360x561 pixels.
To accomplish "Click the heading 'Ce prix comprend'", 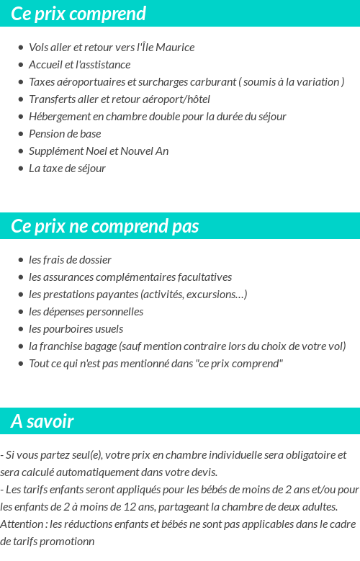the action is coord(78,14).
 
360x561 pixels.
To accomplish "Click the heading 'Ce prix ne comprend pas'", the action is coord(104,226).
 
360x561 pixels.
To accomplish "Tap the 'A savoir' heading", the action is coord(42,421).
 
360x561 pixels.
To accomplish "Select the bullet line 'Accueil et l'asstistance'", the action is coord(79,65).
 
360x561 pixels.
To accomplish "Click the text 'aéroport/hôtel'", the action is coord(176,99).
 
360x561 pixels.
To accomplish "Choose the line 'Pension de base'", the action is coord(65,134).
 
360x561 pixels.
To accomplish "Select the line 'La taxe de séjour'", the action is coord(67,169).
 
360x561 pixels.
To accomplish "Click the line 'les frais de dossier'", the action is coord(70,260).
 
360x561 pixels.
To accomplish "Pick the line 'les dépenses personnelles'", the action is coord(86,312).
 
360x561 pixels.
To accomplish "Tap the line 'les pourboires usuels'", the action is coord(76,329).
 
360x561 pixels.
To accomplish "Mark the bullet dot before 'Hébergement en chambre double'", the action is coord(20,117).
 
